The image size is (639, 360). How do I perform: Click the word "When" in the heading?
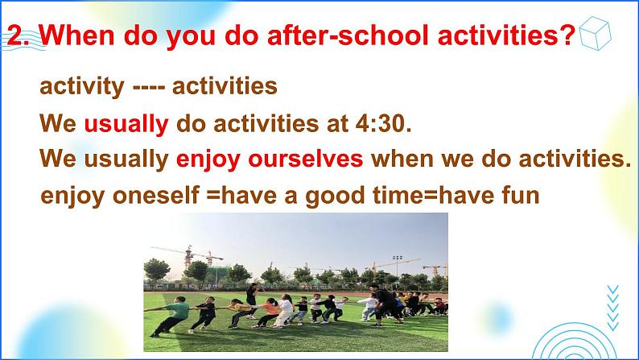pos(76,35)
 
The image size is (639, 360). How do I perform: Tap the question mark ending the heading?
pos(567,35)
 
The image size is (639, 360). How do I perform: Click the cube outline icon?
pos(595,33)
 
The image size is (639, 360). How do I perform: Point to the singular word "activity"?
pos(82,87)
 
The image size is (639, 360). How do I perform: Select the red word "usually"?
pos(126,124)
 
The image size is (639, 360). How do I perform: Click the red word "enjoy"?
pos(208,159)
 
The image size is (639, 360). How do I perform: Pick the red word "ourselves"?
pos(306,159)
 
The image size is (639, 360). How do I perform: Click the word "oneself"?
pos(156,195)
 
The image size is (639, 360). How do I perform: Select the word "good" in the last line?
pos(335,196)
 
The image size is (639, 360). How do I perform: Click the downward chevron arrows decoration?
pos(612,308)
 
